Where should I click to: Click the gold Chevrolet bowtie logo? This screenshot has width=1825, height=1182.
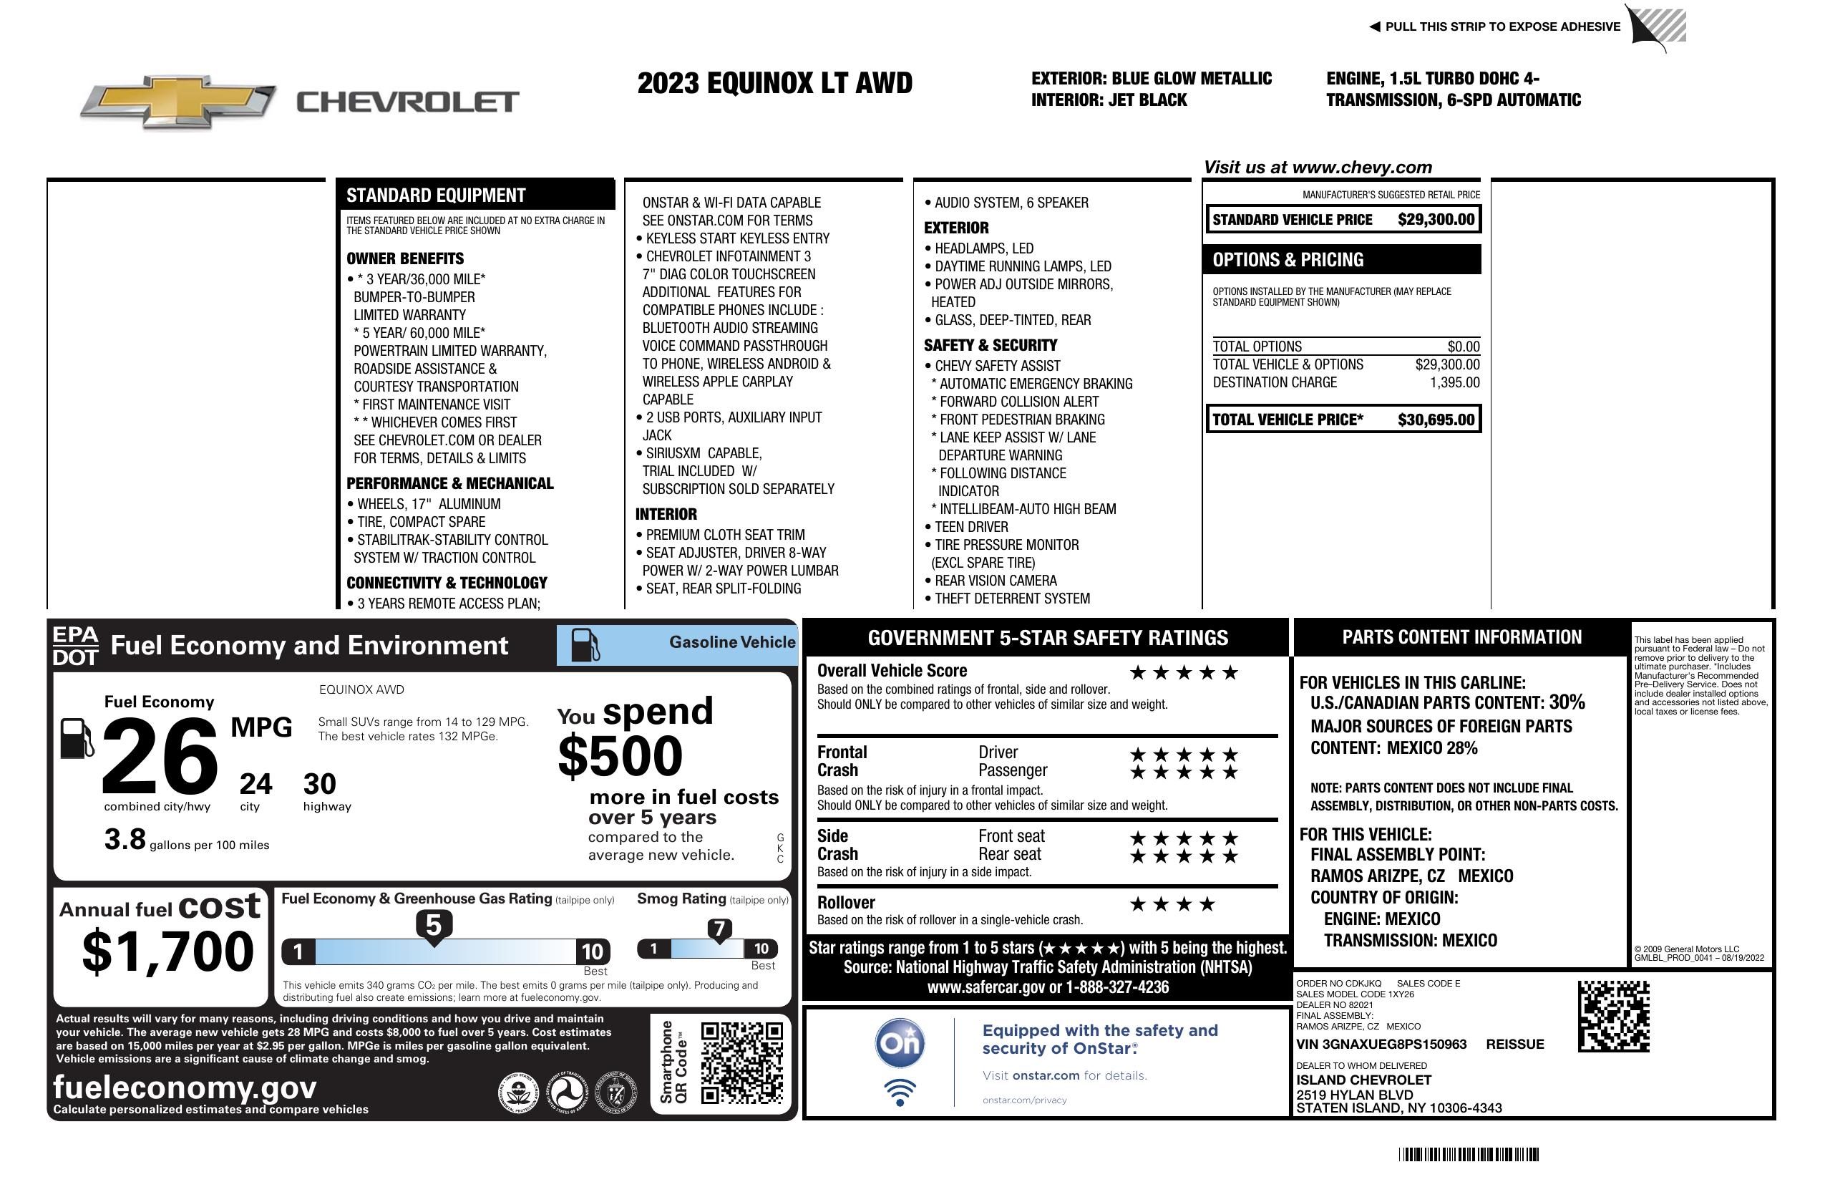tap(178, 101)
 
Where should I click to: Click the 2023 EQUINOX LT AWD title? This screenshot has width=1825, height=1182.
tap(774, 84)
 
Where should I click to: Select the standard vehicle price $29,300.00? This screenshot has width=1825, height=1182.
tap(1435, 220)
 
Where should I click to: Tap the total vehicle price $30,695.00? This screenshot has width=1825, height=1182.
tap(1435, 420)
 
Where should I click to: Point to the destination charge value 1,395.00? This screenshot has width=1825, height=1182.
tap(1454, 383)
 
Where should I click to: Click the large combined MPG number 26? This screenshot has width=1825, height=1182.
tap(160, 756)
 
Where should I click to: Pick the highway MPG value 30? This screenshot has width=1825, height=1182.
tap(319, 784)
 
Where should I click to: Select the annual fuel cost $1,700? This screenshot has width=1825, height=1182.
tap(168, 951)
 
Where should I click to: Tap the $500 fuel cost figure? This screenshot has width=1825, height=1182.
tap(620, 756)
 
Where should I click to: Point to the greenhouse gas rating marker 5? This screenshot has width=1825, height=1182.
tap(433, 926)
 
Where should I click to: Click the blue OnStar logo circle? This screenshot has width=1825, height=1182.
tap(900, 1043)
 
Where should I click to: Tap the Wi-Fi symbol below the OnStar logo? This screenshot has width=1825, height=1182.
tap(900, 1092)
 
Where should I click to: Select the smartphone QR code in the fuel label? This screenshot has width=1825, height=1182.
tap(741, 1062)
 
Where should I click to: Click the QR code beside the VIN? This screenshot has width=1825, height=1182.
tap(1613, 1016)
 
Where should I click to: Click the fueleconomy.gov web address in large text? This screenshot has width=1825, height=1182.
tap(185, 1087)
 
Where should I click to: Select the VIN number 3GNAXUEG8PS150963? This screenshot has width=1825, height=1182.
tap(1381, 1045)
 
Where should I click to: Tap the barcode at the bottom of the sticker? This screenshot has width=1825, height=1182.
tap(1469, 1154)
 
